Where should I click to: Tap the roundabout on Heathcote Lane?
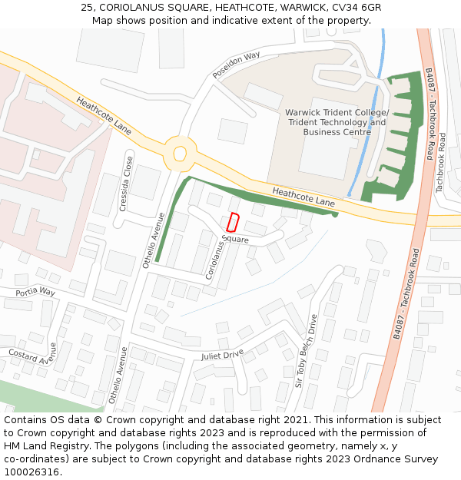[x=180, y=154]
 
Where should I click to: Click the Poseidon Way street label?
[x=237, y=65]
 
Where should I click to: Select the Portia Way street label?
[x=35, y=292]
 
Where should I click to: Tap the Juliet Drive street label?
[x=222, y=355]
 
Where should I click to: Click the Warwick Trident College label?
[x=337, y=113]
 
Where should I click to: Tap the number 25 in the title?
[x=87, y=7]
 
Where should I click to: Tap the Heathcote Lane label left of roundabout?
[x=103, y=115]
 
